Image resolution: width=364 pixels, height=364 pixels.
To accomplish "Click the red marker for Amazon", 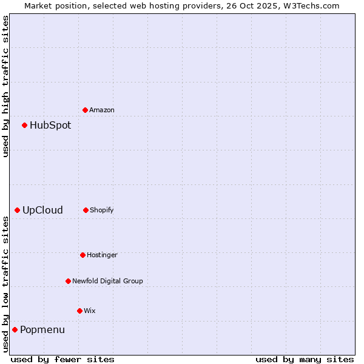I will [x=86, y=110].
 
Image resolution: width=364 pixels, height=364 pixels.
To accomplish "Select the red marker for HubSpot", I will [x=25, y=125].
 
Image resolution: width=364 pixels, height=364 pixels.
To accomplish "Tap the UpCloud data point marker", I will [x=18, y=210].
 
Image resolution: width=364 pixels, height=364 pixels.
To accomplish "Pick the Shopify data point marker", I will [x=86, y=210].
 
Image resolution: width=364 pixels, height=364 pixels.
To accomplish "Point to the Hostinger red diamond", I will [x=83, y=255].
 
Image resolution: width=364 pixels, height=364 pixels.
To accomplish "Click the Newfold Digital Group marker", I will [x=69, y=281].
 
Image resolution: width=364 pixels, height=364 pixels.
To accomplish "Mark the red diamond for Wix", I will [x=80, y=311].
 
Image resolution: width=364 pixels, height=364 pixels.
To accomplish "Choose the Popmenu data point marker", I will [x=15, y=329].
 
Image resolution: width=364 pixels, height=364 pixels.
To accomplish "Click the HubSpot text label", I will [x=50, y=126].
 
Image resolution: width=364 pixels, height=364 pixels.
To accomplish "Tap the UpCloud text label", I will [x=42, y=211].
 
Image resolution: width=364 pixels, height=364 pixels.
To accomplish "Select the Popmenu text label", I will [x=42, y=330].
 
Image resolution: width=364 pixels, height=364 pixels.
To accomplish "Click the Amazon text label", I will [x=102, y=110].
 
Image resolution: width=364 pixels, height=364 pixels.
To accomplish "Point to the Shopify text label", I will [x=102, y=211].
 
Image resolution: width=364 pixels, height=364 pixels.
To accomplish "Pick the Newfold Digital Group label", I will [x=107, y=281].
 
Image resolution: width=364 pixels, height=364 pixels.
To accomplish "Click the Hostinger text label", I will [x=102, y=255].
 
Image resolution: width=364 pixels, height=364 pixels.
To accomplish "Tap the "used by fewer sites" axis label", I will [x=62, y=359].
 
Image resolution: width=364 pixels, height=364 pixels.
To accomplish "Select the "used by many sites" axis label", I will [x=305, y=359].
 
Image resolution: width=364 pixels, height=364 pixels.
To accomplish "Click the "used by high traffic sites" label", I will [x=5, y=87].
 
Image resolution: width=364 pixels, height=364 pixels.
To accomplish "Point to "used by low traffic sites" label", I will [x=5, y=283].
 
